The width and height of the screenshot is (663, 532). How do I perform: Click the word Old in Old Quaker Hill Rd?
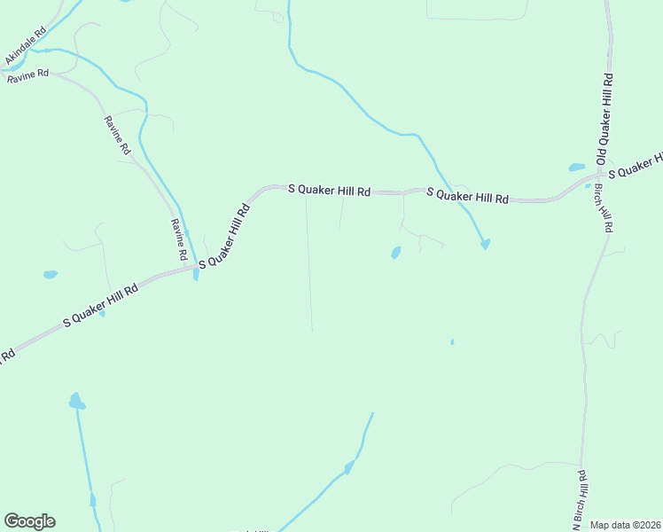tap(602, 156)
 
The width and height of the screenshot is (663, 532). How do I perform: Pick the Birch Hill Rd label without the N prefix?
tap(603, 203)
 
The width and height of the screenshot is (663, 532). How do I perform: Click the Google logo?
tap(29, 521)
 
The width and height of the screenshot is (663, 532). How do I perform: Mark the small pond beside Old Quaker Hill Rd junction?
tap(577, 167)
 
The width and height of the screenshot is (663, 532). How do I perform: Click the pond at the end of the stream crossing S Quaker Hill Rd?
tap(485, 244)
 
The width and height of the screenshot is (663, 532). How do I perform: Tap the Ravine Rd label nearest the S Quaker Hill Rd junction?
tap(179, 239)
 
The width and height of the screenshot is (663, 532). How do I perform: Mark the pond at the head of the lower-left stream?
tap(77, 402)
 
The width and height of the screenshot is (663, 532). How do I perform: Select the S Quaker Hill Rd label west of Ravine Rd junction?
tap(101, 306)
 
